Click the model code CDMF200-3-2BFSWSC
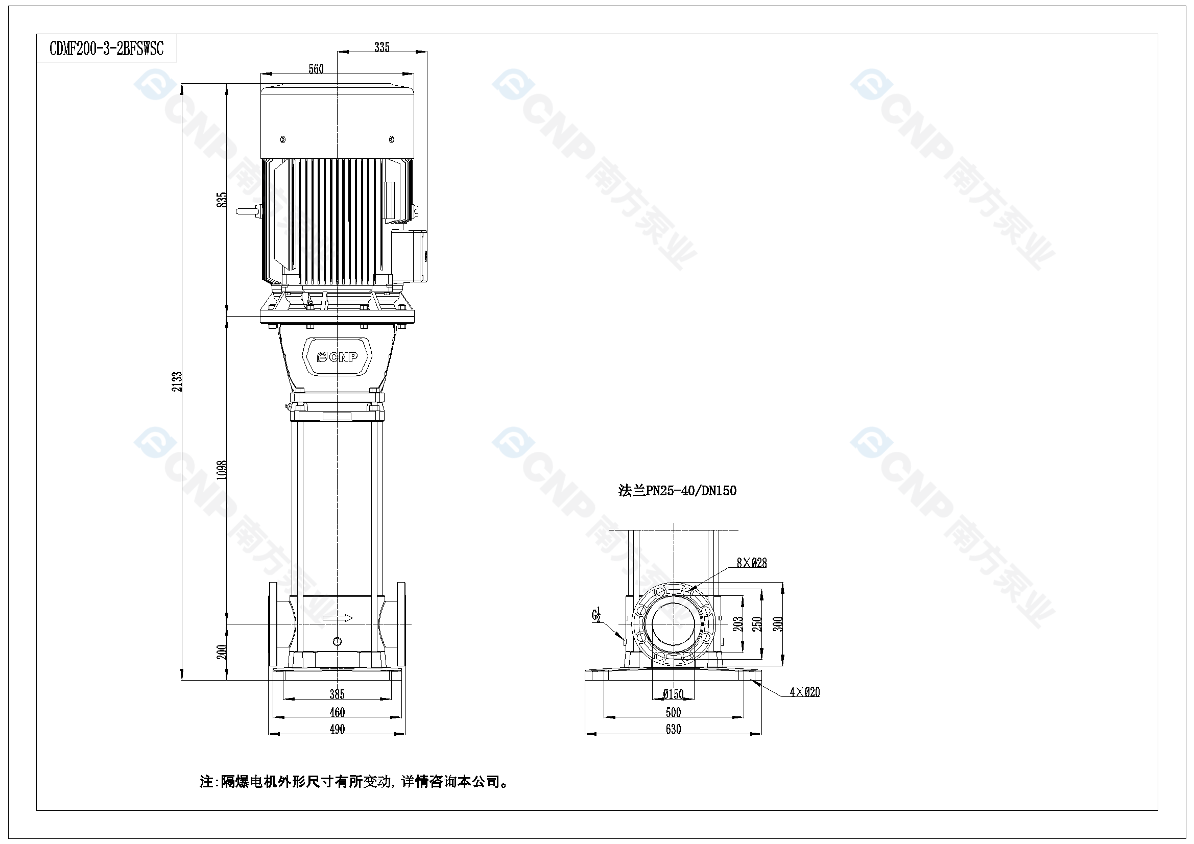[107, 49]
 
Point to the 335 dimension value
[381, 47]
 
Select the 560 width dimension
[316, 68]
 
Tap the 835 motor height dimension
[222, 200]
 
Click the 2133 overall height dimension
[178, 382]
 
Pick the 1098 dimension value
[222, 470]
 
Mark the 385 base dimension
[337, 694]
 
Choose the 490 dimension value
[337, 729]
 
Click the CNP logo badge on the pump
[338, 357]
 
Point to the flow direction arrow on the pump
[338, 618]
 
